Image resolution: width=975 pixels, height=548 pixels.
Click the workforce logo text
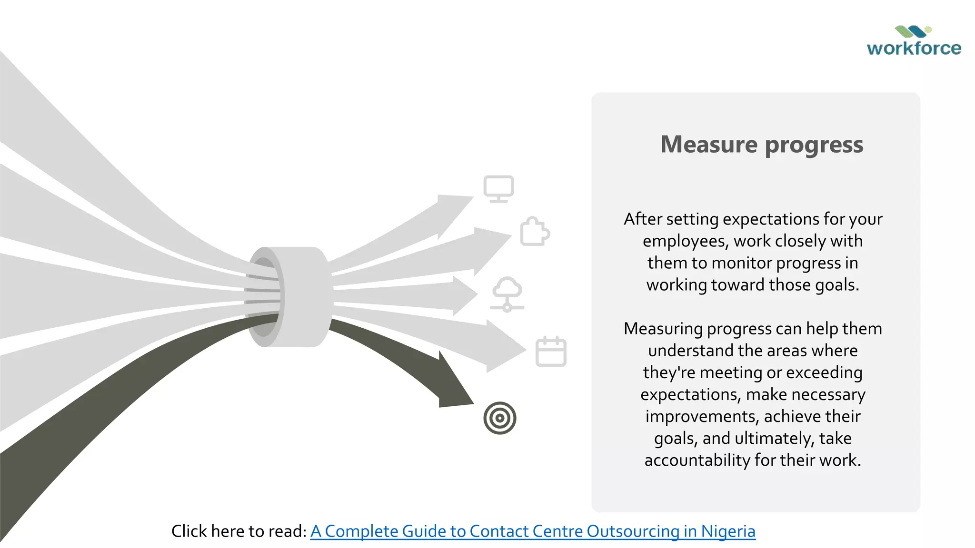[914, 48]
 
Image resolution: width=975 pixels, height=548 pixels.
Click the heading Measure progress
[762, 144]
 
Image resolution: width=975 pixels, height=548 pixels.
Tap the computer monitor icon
[498, 188]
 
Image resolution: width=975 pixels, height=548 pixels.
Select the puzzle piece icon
[535, 232]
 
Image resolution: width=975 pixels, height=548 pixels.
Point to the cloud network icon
[507, 294]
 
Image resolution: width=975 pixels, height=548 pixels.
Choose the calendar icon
[551, 352]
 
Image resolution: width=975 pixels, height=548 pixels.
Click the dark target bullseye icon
[499, 418]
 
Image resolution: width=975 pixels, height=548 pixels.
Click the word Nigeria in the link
[728, 531]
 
